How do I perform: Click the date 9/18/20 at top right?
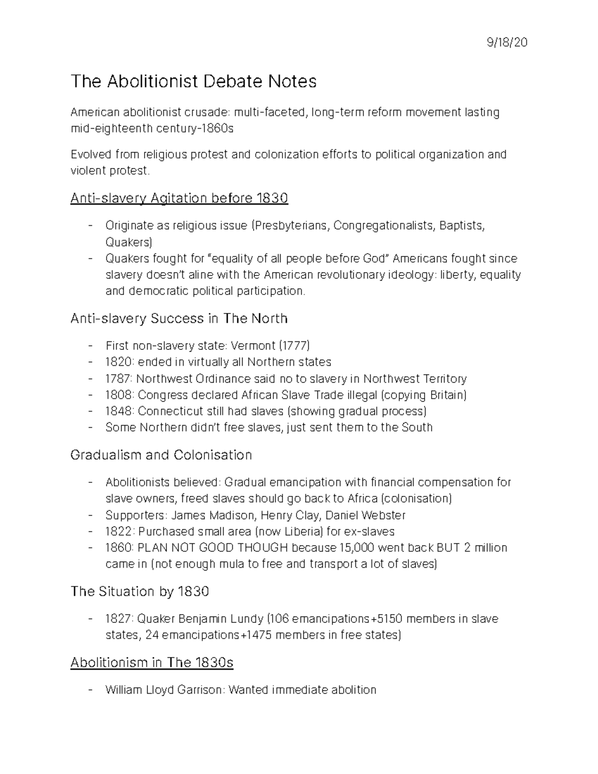pyautogui.click(x=507, y=43)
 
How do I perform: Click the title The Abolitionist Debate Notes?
pyautogui.click(x=193, y=81)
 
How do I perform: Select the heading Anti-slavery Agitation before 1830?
pyautogui.click(x=179, y=198)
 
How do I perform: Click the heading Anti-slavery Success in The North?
pyautogui.click(x=179, y=318)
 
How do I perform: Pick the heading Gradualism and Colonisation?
pyautogui.click(x=161, y=455)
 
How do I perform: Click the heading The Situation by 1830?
pyautogui.click(x=140, y=592)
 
